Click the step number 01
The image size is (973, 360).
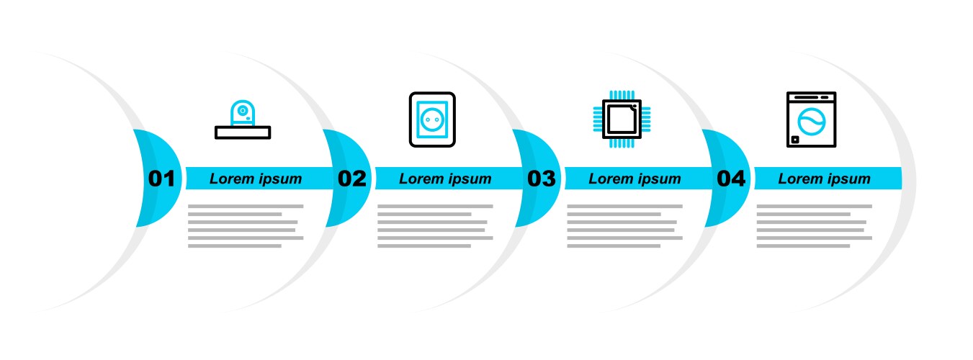tap(161, 179)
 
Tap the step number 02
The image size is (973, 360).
tap(352, 179)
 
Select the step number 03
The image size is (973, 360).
tap(541, 179)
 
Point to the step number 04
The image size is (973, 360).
tap(731, 179)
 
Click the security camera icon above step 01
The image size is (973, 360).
tap(243, 120)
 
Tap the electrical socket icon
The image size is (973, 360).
tap(432, 120)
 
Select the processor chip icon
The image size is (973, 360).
tap(622, 119)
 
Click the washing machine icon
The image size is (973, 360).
tap(812, 120)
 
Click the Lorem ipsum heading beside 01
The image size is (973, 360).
tap(256, 179)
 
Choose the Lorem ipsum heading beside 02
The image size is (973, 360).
tap(445, 179)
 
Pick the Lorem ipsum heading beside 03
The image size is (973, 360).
tap(635, 179)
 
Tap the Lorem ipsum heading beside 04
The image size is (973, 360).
tap(824, 179)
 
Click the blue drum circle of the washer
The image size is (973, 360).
tap(812, 122)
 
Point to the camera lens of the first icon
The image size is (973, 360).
tap(243, 111)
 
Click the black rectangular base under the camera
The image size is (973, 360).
tap(243, 132)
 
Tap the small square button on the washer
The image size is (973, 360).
tap(795, 140)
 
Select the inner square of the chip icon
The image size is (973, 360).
tap(622, 119)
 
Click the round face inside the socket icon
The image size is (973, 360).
tap(432, 120)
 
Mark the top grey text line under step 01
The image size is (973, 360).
tap(246, 206)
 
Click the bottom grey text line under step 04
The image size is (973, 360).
tap(803, 246)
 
